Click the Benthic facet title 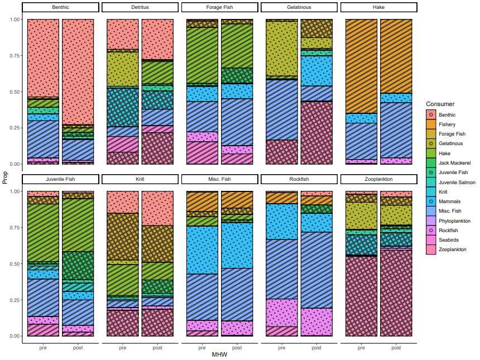pyautogui.click(x=61, y=7)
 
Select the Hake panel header pyautogui.click(x=379, y=7)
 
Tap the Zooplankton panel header pyautogui.click(x=379, y=179)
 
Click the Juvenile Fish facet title pyautogui.click(x=61, y=179)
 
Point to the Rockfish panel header pyautogui.click(x=299, y=179)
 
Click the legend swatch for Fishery pyautogui.click(x=431, y=124)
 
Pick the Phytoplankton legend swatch pyautogui.click(x=431, y=220)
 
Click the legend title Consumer pyautogui.click(x=440, y=104)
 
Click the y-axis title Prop pyautogui.click(x=6, y=177)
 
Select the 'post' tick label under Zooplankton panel pyautogui.click(x=396, y=348)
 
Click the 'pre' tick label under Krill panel pyautogui.click(x=122, y=348)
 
